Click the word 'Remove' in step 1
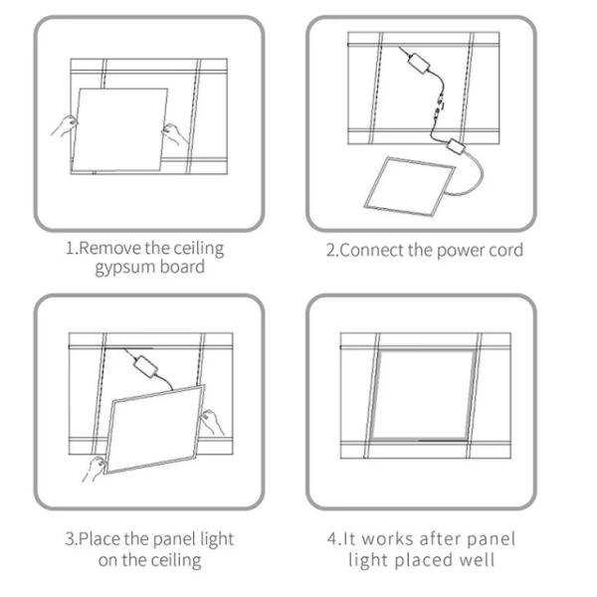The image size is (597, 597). click(x=109, y=248)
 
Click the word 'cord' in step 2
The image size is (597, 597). click(x=506, y=250)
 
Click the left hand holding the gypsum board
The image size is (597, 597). click(x=64, y=126)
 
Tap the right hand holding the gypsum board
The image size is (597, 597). click(x=174, y=134)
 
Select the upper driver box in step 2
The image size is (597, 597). click(x=419, y=63)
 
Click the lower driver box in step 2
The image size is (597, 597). click(x=456, y=146)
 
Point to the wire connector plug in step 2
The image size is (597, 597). click(x=439, y=107)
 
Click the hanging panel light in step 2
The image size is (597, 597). click(x=410, y=186)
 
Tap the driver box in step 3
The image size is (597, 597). click(x=145, y=365)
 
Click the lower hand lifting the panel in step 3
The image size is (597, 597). click(x=94, y=469)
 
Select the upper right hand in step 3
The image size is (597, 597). click(x=212, y=422)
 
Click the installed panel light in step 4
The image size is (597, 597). click(x=424, y=395)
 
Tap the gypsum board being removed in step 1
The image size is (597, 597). click(x=119, y=129)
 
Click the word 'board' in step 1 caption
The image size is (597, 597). click(x=182, y=267)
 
